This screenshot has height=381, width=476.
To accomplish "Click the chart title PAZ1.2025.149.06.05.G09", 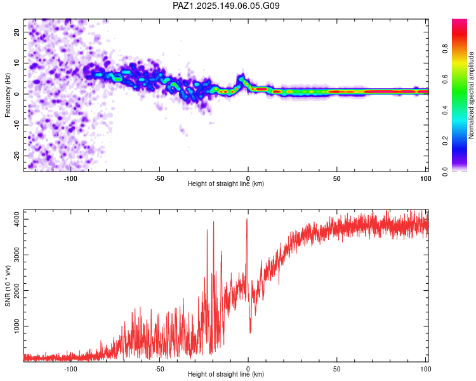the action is click(226, 6).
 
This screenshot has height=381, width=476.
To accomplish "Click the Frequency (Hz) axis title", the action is click(8, 95).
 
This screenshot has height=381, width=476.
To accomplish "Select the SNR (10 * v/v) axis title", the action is click(8, 286).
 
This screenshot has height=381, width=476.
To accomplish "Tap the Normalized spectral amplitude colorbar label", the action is click(471, 95).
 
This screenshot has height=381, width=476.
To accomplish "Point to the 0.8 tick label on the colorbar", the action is click(445, 48).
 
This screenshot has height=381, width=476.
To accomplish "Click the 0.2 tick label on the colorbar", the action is click(445, 141).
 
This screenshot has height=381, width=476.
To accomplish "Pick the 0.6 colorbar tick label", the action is click(445, 79).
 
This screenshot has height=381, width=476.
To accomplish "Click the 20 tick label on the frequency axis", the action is click(17, 32).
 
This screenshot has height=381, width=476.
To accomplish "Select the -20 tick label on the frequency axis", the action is click(17, 156).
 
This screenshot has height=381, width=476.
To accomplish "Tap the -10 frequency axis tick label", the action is click(17, 125).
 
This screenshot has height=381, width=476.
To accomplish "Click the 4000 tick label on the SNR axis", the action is click(17, 219).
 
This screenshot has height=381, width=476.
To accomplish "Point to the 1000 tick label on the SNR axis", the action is click(17, 326).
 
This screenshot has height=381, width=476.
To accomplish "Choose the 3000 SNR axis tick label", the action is click(17, 255).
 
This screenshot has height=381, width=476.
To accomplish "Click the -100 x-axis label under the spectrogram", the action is click(70, 178).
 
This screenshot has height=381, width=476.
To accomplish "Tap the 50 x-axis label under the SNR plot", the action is click(336, 369).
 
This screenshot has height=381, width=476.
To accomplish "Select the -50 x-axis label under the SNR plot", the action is click(159, 369).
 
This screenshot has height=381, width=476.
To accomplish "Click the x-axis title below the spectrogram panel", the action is click(226, 184).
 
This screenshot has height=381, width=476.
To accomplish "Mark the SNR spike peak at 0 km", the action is click(247, 218).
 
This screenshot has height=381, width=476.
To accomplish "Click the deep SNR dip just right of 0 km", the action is click(250, 333).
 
